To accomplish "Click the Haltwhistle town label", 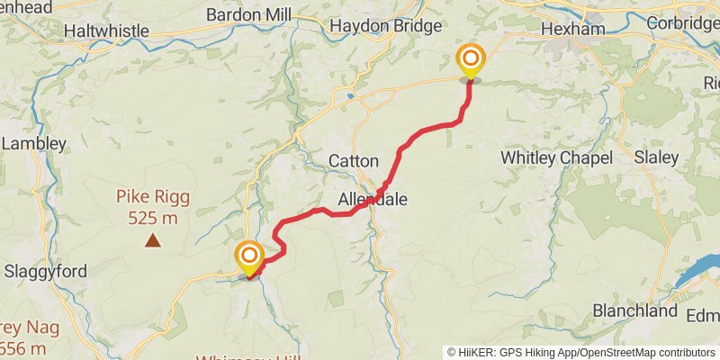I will coord(106,31).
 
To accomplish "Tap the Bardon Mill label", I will coord(250,15).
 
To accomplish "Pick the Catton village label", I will coord(353,161).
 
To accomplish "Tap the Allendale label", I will coord(373,199).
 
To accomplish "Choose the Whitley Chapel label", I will coord(556,157).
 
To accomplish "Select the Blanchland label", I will coord(634,311).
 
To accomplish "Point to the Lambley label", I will coord(33,143).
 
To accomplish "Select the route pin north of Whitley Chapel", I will coord(470,61).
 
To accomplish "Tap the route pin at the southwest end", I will coord(248,257).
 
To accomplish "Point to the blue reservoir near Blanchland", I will coord(698,271).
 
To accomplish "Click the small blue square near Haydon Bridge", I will coord(350,94).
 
